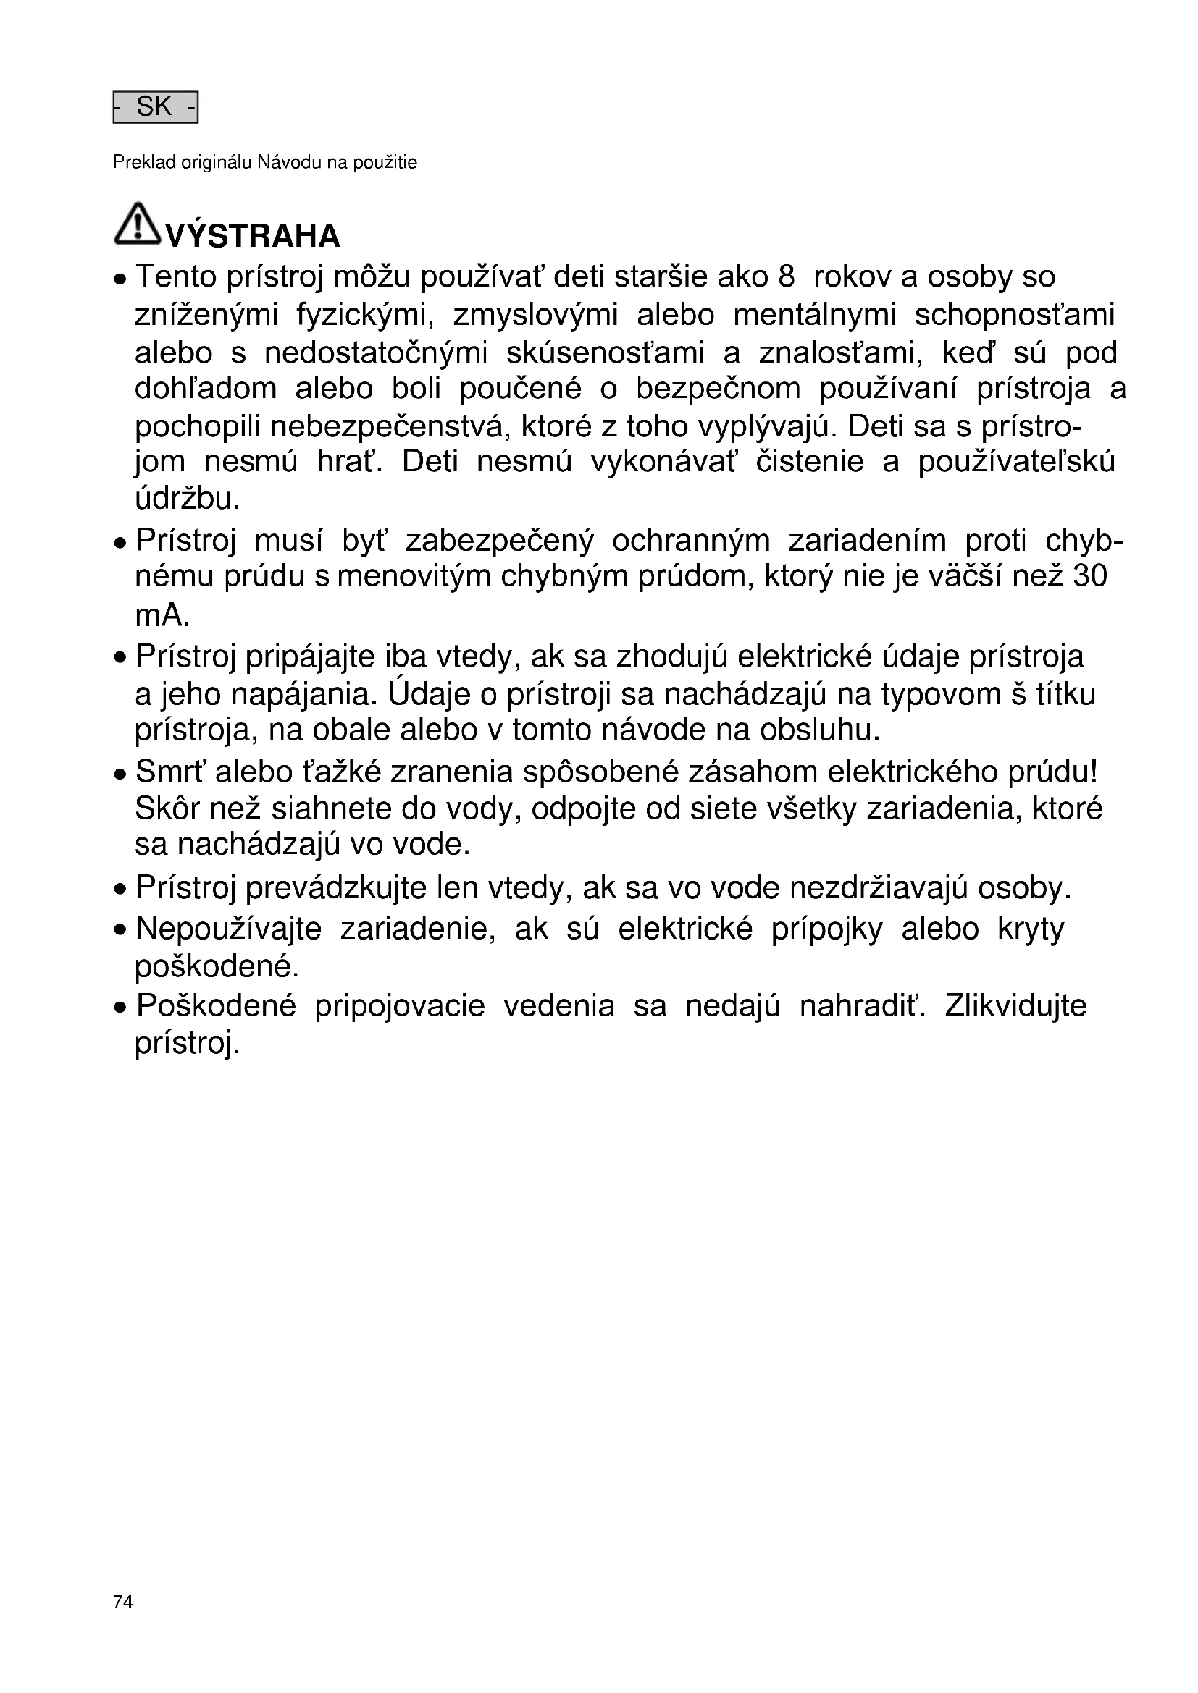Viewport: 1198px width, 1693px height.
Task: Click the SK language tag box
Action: [155, 108]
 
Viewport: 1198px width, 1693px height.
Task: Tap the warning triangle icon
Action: [137, 224]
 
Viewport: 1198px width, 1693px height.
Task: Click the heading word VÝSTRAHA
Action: [253, 237]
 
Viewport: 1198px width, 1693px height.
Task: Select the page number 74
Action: [123, 1602]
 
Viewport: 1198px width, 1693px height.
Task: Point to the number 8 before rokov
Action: [786, 277]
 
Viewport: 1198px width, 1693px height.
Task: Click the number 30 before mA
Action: [1089, 575]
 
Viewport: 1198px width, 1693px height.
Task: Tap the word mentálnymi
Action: [814, 316]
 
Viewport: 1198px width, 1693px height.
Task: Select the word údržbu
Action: [188, 499]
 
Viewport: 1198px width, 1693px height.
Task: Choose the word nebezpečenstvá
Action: [390, 426]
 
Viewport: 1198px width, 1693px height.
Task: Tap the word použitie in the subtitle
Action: [385, 163]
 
